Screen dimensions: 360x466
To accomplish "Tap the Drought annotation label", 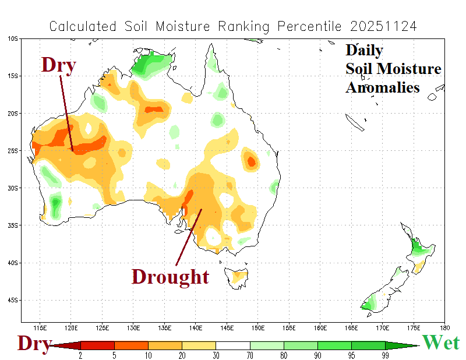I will (170, 276).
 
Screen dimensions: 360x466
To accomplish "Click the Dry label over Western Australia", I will (58, 65).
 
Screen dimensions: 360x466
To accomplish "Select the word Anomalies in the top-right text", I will (382, 87).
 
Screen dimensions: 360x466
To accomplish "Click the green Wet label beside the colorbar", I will (440, 343).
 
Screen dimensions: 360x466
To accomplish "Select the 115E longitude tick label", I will (41, 328).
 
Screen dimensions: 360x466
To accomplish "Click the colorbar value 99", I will (385, 355).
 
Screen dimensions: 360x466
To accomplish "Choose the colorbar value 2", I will (80, 355).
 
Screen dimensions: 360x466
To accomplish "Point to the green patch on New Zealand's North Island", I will (418, 248).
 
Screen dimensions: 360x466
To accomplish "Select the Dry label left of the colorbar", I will (33, 343).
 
